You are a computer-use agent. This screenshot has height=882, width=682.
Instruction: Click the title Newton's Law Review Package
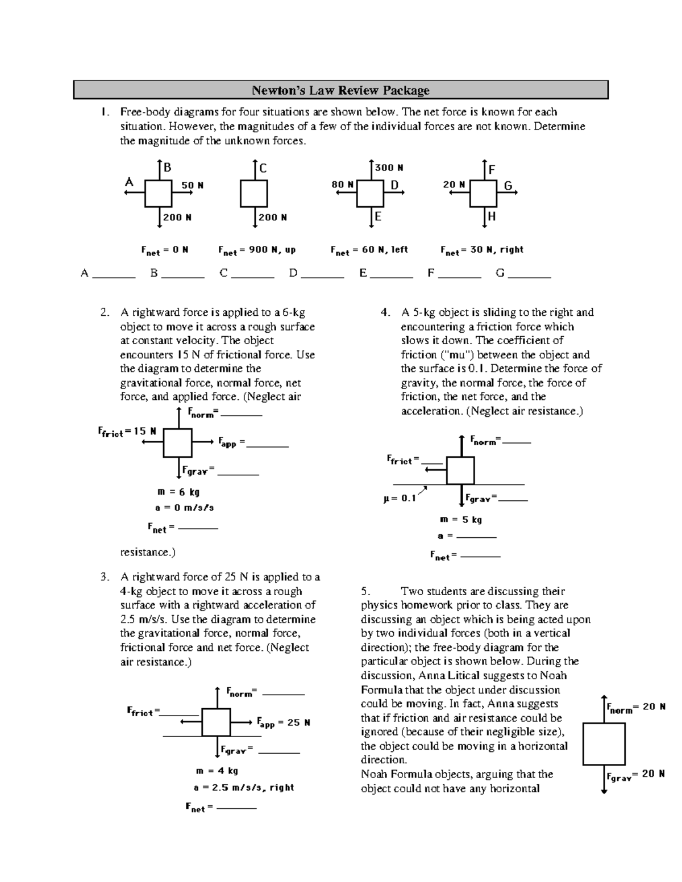(340, 90)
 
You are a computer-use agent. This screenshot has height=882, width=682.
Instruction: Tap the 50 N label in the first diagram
(192, 185)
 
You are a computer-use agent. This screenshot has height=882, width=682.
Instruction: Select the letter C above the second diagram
(263, 168)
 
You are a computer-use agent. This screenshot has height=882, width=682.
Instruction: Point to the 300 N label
(389, 168)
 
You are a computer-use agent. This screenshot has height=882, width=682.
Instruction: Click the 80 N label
(343, 185)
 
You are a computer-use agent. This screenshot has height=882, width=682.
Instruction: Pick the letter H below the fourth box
(492, 216)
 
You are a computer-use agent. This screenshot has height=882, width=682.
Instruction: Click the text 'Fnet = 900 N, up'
(257, 250)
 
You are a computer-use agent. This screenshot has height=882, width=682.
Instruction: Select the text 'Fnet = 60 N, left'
(369, 250)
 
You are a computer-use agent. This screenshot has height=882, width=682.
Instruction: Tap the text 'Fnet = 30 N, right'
(481, 250)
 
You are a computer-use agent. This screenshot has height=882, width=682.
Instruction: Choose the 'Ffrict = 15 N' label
(127, 432)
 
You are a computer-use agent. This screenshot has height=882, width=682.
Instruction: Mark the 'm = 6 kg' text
(178, 492)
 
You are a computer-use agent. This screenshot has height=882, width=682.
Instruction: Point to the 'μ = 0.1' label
(400, 498)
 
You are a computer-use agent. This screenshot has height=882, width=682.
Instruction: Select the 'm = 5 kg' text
(460, 520)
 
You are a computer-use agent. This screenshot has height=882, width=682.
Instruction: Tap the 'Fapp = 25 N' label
(283, 723)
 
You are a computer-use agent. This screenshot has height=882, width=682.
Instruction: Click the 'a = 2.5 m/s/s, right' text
(244, 788)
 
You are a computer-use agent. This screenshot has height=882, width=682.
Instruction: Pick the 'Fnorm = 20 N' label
(635, 708)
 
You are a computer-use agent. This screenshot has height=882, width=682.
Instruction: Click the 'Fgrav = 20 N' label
(635, 775)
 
